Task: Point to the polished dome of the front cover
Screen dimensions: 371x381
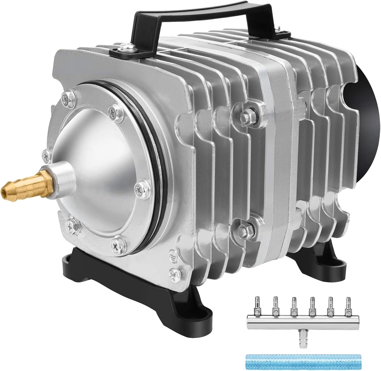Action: pos(94,158)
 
